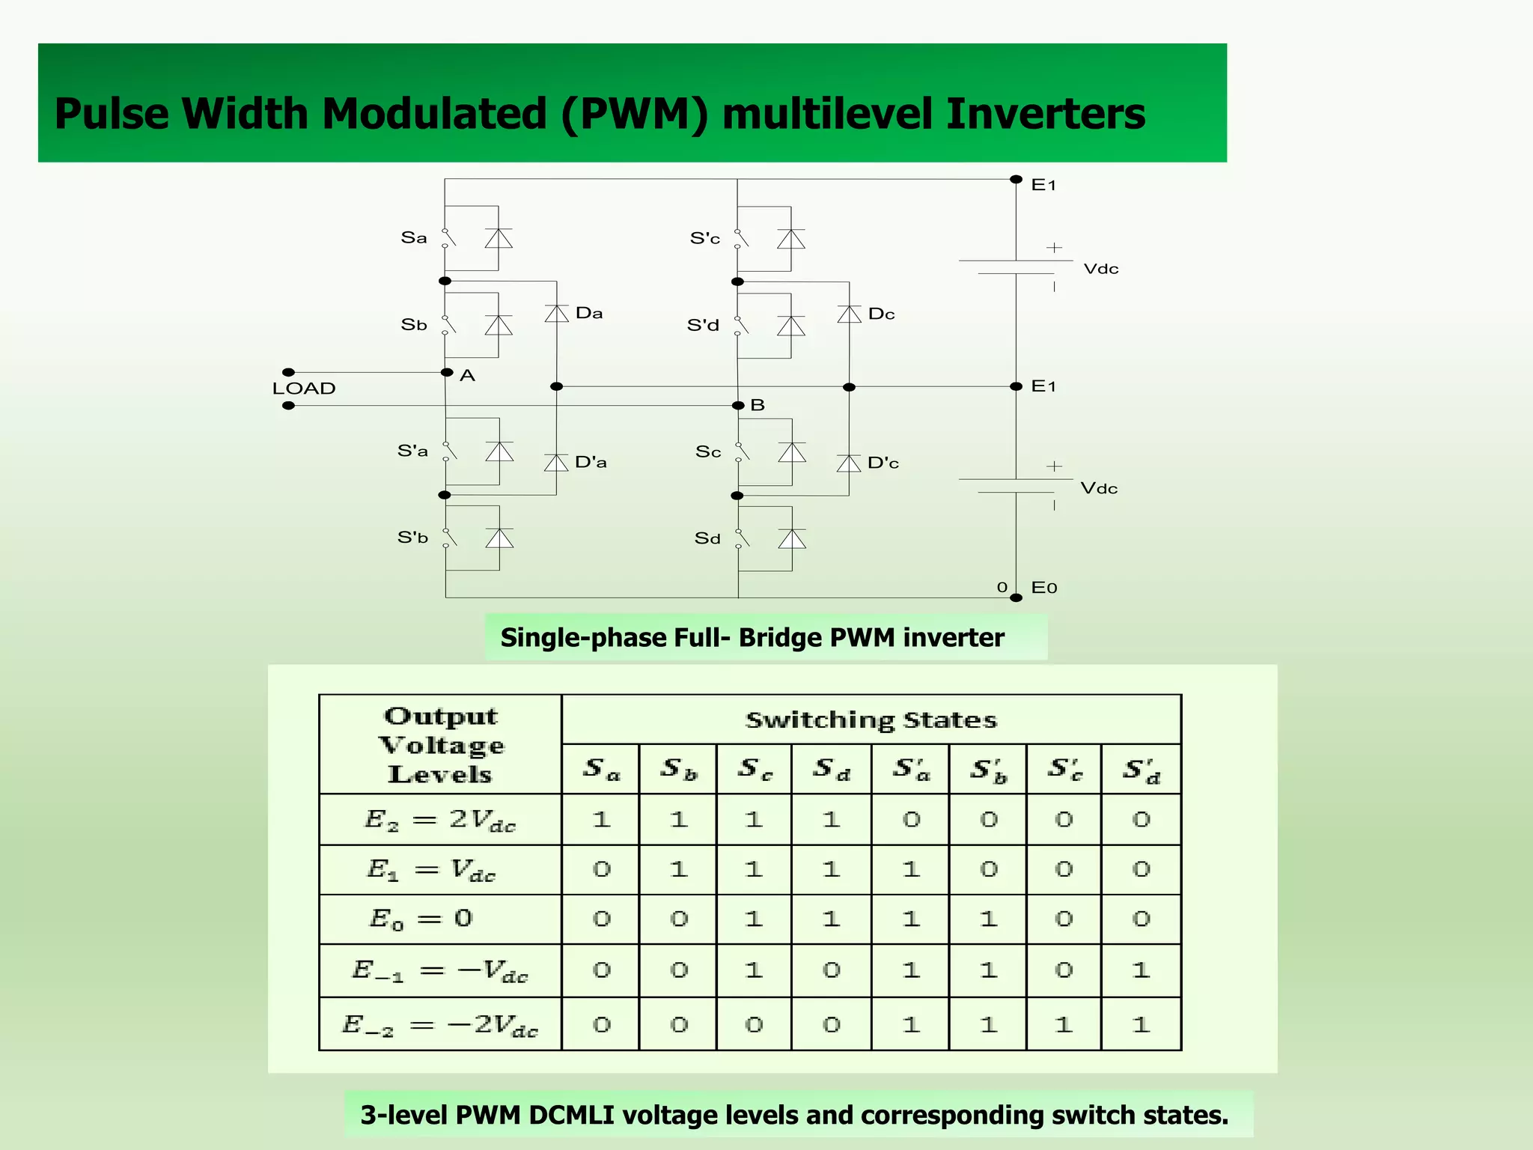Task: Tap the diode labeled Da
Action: click(x=557, y=314)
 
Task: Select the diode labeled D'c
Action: click(x=849, y=463)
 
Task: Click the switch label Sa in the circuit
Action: click(x=414, y=238)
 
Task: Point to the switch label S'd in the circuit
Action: click(x=703, y=326)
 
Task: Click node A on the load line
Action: click(x=448, y=373)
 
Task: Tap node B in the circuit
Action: click(x=739, y=406)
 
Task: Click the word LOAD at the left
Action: click(x=304, y=389)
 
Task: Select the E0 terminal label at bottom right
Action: click(x=1044, y=588)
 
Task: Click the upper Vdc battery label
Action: click(x=1101, y=270)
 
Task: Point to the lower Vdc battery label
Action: click(x=1099, y=489)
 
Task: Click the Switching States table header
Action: click(x=871, y=720)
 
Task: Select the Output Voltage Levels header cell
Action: click(x=441, y=745)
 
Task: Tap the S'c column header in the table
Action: click(x=1064, y=770)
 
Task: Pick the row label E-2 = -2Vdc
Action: click(x=440, y=1025)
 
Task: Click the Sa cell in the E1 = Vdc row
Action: click(x=602, y=870)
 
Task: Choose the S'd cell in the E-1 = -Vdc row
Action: click(x=1141, y=971)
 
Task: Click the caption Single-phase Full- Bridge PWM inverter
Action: click(x=752, y=638)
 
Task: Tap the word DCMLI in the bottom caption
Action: click(x=571, y=1116)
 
